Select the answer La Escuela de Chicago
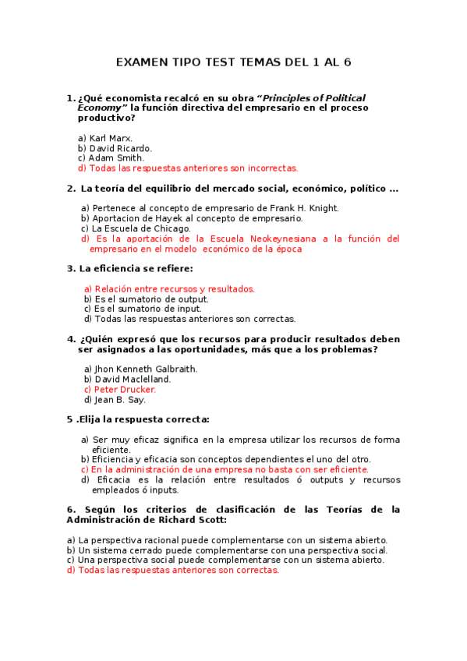[x=141, y=228]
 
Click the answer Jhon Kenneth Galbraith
[x=146, y=369]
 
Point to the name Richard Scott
[x=192, y=519]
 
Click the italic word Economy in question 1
[x=99, y=108]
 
